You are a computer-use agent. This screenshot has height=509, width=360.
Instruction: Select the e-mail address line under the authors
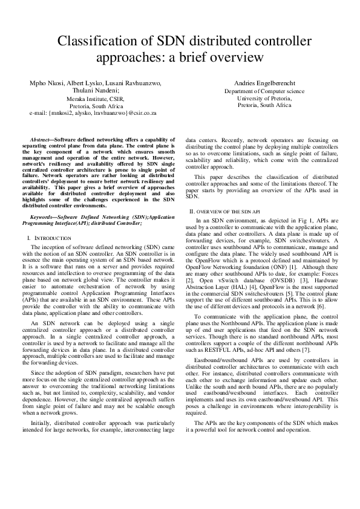point(93,113)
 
